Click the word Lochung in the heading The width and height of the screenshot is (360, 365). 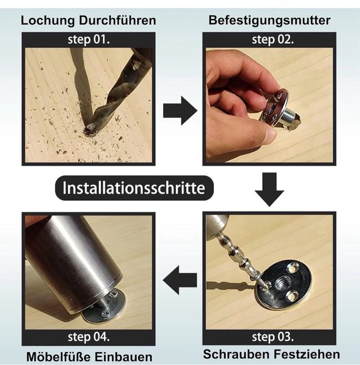[48, 21]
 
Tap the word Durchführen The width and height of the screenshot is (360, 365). [118, 20]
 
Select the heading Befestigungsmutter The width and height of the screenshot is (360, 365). [269, 20]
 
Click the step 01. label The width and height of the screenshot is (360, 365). [88, 39]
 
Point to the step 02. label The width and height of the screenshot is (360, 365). [273, 39]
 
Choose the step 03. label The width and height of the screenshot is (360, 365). [273, 337]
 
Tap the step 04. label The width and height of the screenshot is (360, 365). [88, 337]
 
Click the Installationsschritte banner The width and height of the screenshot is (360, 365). [134, 188]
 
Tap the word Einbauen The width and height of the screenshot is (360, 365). [123, 357]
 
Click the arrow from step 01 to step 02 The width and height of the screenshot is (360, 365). [180, 111]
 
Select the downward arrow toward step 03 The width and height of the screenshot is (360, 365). [269, 190]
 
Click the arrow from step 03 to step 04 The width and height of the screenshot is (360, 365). [180, 280]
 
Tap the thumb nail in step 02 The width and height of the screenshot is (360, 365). [271, 134]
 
